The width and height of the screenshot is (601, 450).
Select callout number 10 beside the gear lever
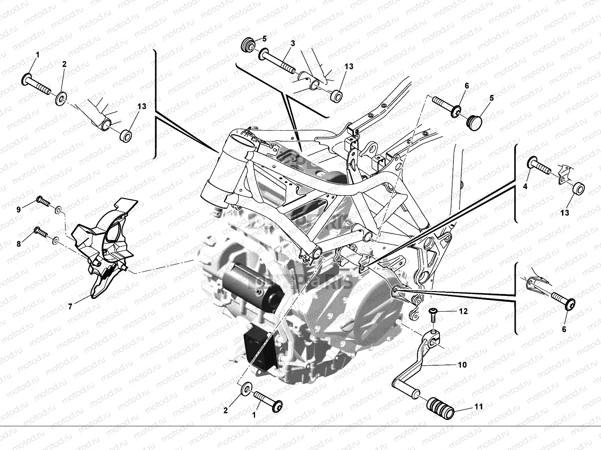462,364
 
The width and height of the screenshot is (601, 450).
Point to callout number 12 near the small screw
463,311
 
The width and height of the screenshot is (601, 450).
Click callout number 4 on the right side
525,186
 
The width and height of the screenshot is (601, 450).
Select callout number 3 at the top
293,43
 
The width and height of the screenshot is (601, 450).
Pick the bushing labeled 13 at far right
578,188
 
